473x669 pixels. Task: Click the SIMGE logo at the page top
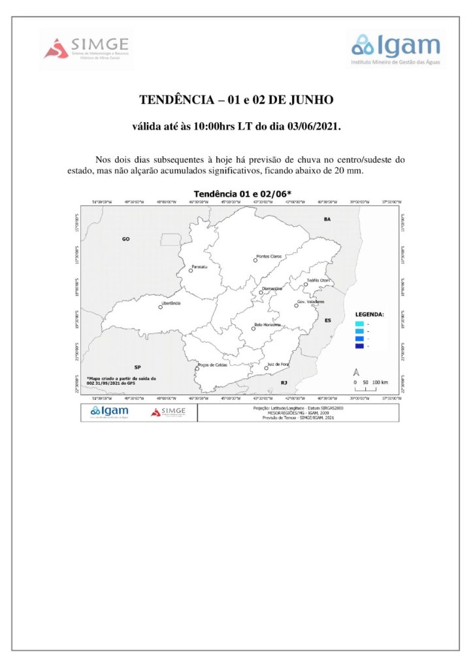87,48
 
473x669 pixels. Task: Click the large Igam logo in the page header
396,48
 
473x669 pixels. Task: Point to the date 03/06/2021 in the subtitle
313,126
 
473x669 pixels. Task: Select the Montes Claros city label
269,256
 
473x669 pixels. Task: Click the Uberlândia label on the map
171,303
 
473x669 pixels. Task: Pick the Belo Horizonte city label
267,325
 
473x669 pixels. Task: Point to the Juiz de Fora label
278,364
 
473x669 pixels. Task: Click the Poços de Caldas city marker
197,369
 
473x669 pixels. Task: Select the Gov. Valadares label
310,302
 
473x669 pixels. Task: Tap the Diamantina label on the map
272,288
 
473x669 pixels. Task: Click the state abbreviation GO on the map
126,239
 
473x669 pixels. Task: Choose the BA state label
327,220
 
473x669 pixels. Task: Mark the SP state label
137,367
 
